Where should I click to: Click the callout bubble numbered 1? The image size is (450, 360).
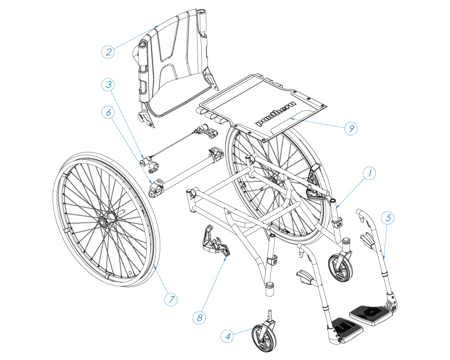(369, 174)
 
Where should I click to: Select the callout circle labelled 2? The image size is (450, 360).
(108, 52)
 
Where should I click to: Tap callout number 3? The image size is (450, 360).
(108, 85)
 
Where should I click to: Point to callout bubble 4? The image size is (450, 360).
(228, 336)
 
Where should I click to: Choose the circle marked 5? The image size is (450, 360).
(388, 218)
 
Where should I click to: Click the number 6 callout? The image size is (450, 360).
(108, 112)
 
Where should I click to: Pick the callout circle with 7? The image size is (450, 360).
(171, 299)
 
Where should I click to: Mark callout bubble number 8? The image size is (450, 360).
(199, 318)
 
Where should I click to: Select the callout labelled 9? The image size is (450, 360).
(351, 128)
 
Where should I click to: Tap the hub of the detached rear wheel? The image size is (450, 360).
(103, 222)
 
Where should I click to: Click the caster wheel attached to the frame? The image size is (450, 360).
(341, 267)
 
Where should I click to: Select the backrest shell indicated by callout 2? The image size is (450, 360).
(174, 66)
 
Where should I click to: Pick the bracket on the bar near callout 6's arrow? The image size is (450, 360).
(156, 189)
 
